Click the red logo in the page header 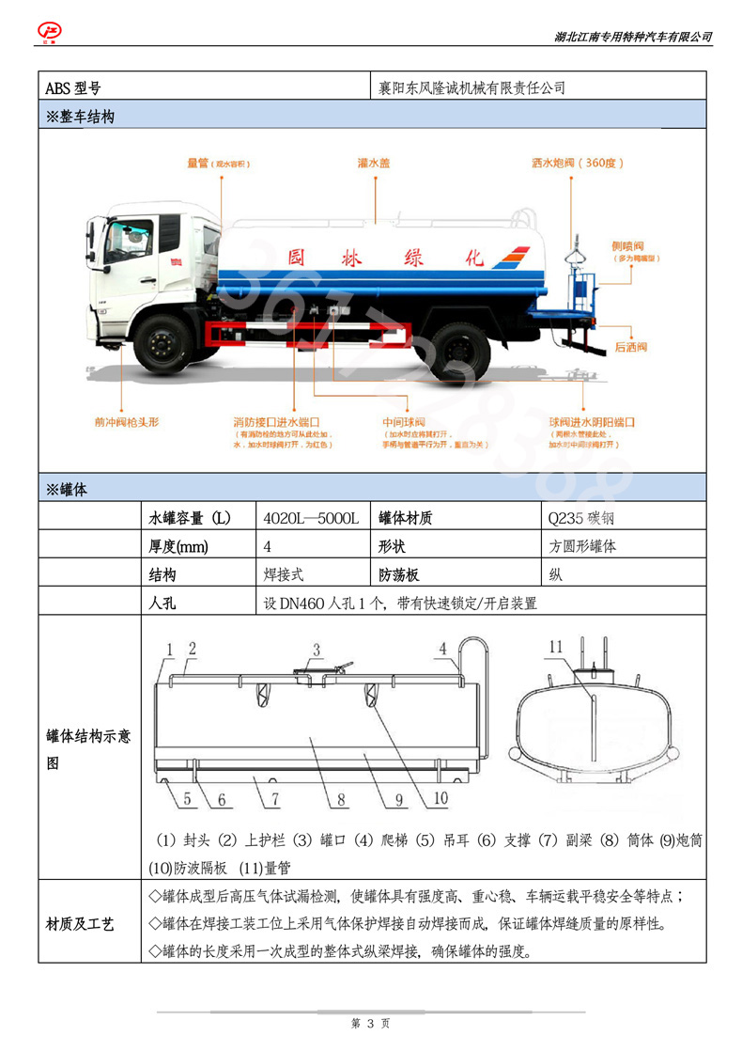pos(48,31)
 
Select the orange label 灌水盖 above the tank pos(374,163)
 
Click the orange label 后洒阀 pos(631,348)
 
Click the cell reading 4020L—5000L pos(311,518)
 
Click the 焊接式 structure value pos(284,574)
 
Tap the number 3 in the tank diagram pos(317,650)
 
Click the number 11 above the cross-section pos(556,647)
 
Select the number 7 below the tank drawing pos(275,801)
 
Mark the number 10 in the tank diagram pos(441,801)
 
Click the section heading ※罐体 pos(67,488)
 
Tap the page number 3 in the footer pos(371,1023)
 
